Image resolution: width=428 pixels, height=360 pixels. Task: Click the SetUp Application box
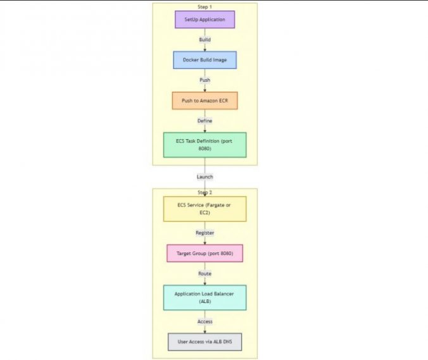coord(205,20)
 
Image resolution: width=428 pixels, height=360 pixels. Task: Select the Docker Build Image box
coord(205,60)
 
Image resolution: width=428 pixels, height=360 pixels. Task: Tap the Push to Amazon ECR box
coord(205,101)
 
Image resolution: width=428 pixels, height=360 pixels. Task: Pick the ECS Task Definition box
coord(205,145)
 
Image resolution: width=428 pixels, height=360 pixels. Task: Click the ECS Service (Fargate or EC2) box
coord(205,209)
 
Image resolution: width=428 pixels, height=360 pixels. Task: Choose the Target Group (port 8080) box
coord(205,253)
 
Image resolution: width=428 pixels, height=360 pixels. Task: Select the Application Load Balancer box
coord(205,297)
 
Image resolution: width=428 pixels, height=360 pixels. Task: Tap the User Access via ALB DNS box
coord(205,342)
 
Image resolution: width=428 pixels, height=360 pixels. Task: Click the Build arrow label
coord(205,40)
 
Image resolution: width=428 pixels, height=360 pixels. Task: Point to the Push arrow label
coord(205,80)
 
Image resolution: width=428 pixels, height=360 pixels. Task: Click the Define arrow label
coord(205,120)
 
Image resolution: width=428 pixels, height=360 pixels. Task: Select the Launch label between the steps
coord(205,177)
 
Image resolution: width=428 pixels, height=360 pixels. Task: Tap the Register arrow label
coord(205,233)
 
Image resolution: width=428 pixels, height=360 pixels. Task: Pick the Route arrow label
coord(205,273)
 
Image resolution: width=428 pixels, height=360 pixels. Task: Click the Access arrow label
coord(205,321)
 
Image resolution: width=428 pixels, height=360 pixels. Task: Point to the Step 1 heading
coord(205,6)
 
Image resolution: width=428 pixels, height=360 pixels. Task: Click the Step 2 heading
coord(205,192)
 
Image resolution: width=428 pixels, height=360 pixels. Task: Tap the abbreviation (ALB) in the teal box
coord(205,302)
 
